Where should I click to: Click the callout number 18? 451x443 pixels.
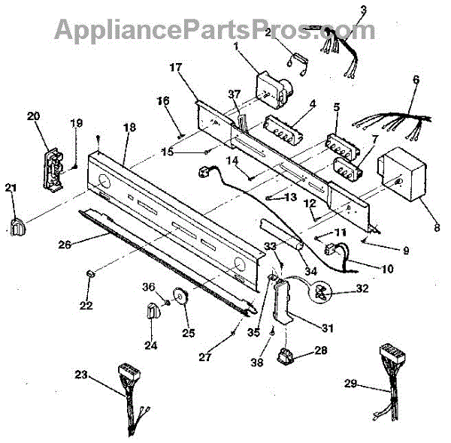tap(130, 128)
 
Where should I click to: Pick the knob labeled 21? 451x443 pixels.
tap(19, 224)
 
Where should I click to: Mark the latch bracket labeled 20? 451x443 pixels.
tap(52, 165)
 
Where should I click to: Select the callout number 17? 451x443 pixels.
tap(177, 68)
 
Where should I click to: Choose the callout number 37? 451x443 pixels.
tap(235, 94)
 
